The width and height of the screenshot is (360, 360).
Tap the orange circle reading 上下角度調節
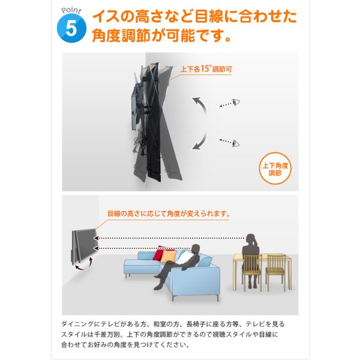[275, 167]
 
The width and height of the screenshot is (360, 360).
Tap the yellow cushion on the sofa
[169, 256]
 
